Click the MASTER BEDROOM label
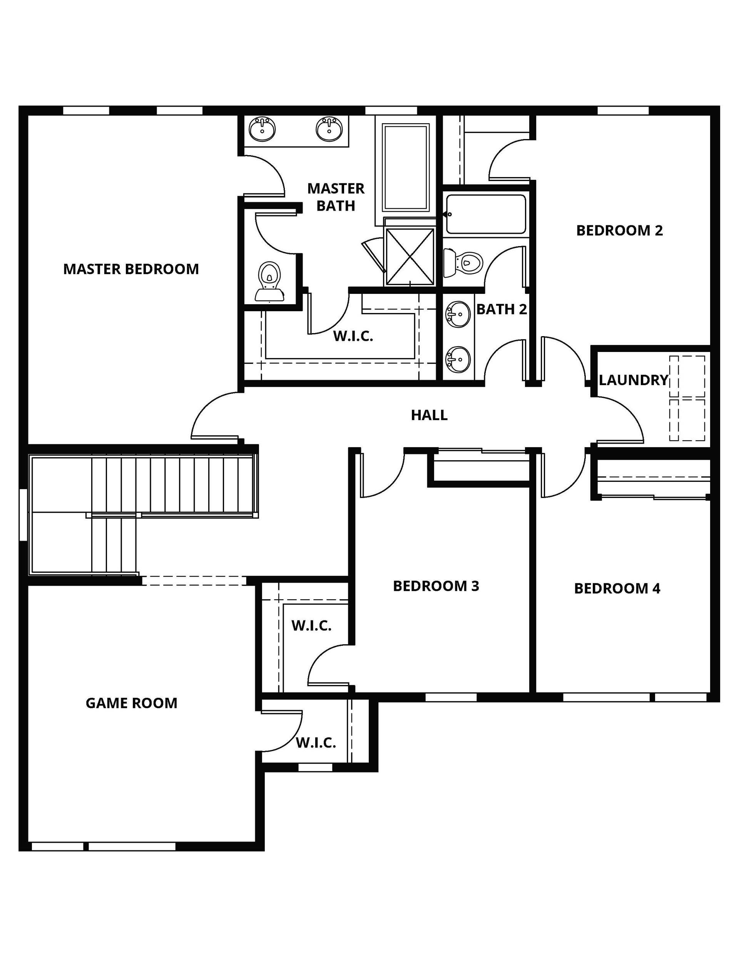point(131,269)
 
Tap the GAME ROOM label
point(131,703)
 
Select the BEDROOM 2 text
point(619,230)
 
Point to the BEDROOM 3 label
point(436,586)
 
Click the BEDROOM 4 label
point(617,588)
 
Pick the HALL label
point(429,415)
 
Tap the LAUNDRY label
point(634,380)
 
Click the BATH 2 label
point(502,309)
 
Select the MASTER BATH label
point(336,197)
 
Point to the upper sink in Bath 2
point(458,314)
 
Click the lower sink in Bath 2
point(458,359)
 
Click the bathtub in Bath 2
point(486,214)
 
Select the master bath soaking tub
point(406,167)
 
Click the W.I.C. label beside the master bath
point(353,336)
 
